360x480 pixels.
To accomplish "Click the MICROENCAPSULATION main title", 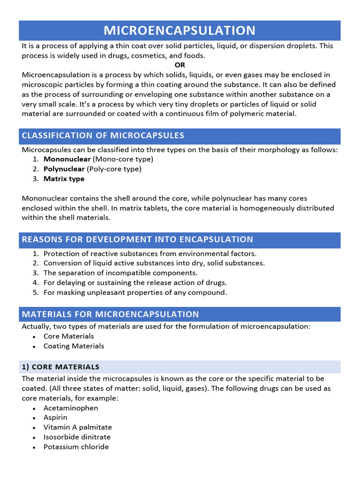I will (x=180, y=30).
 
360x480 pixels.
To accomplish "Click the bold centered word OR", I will (x=180, y=65).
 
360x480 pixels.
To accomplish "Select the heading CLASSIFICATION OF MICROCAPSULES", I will (x=103, y=136).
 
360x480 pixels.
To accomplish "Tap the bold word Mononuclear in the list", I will (x=67, y=159).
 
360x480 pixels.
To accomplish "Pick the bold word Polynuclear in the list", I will (x=64, y=169).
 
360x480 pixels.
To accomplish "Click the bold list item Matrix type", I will (x=64, y=179).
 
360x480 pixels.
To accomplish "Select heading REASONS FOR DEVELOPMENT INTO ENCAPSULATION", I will (x=137, y=240).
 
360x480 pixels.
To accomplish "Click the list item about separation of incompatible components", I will (x=120, y=273).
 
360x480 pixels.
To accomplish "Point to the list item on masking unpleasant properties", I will (x=135, y=292).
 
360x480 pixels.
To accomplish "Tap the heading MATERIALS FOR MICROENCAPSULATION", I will (x=111, y=314).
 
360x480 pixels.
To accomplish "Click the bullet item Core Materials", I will (x=68, y=336).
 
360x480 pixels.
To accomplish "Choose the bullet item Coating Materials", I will (x=74, y=346).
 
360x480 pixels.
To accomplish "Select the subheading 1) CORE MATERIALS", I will (x=60, y=367).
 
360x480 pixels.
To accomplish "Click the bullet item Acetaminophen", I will (x=71, y=408).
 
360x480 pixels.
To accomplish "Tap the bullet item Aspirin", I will (x=55, y=417).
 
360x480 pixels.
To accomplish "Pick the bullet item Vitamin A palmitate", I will (x=77, y=427).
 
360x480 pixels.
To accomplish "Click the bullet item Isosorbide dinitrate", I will (x=77, y=437).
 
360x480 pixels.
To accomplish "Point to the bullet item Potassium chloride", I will (x=76, y=447).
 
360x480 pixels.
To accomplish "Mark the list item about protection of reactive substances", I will (x=150, y=253).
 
